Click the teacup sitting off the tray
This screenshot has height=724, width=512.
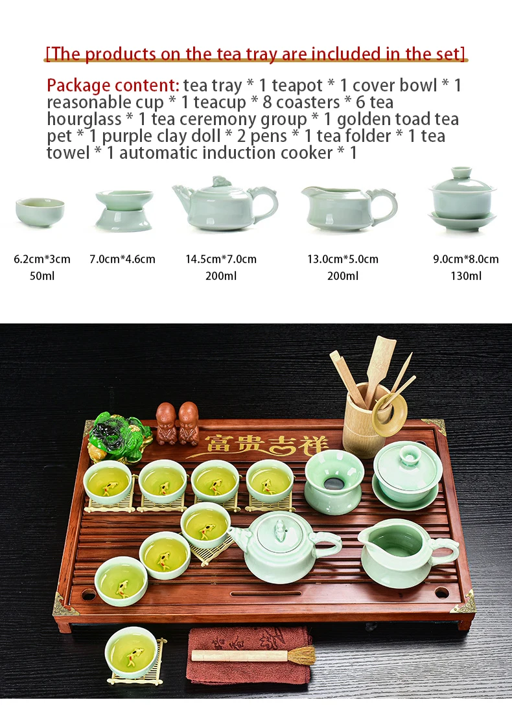pyautogui.click(x=131, y=651)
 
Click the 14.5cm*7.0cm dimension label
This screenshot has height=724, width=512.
pyautogui.click(x=221, y=259)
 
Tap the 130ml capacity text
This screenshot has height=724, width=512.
pyautogui.click(x=466, y=276)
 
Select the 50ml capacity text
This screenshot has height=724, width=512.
pyautogui.click(x=42, y=276)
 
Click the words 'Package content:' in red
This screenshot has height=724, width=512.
pyautogui.click(x=113, y=85)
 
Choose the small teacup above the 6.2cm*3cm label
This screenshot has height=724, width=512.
pyautogui.click(x=40, y=211)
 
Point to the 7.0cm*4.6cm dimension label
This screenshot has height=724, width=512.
pyautogui.click(x=122, y=259)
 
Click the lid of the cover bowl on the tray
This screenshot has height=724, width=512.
pyautogui.click(x=408, y=464)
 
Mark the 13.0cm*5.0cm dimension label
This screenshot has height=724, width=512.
pyautogui.click(x=343, y=259)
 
